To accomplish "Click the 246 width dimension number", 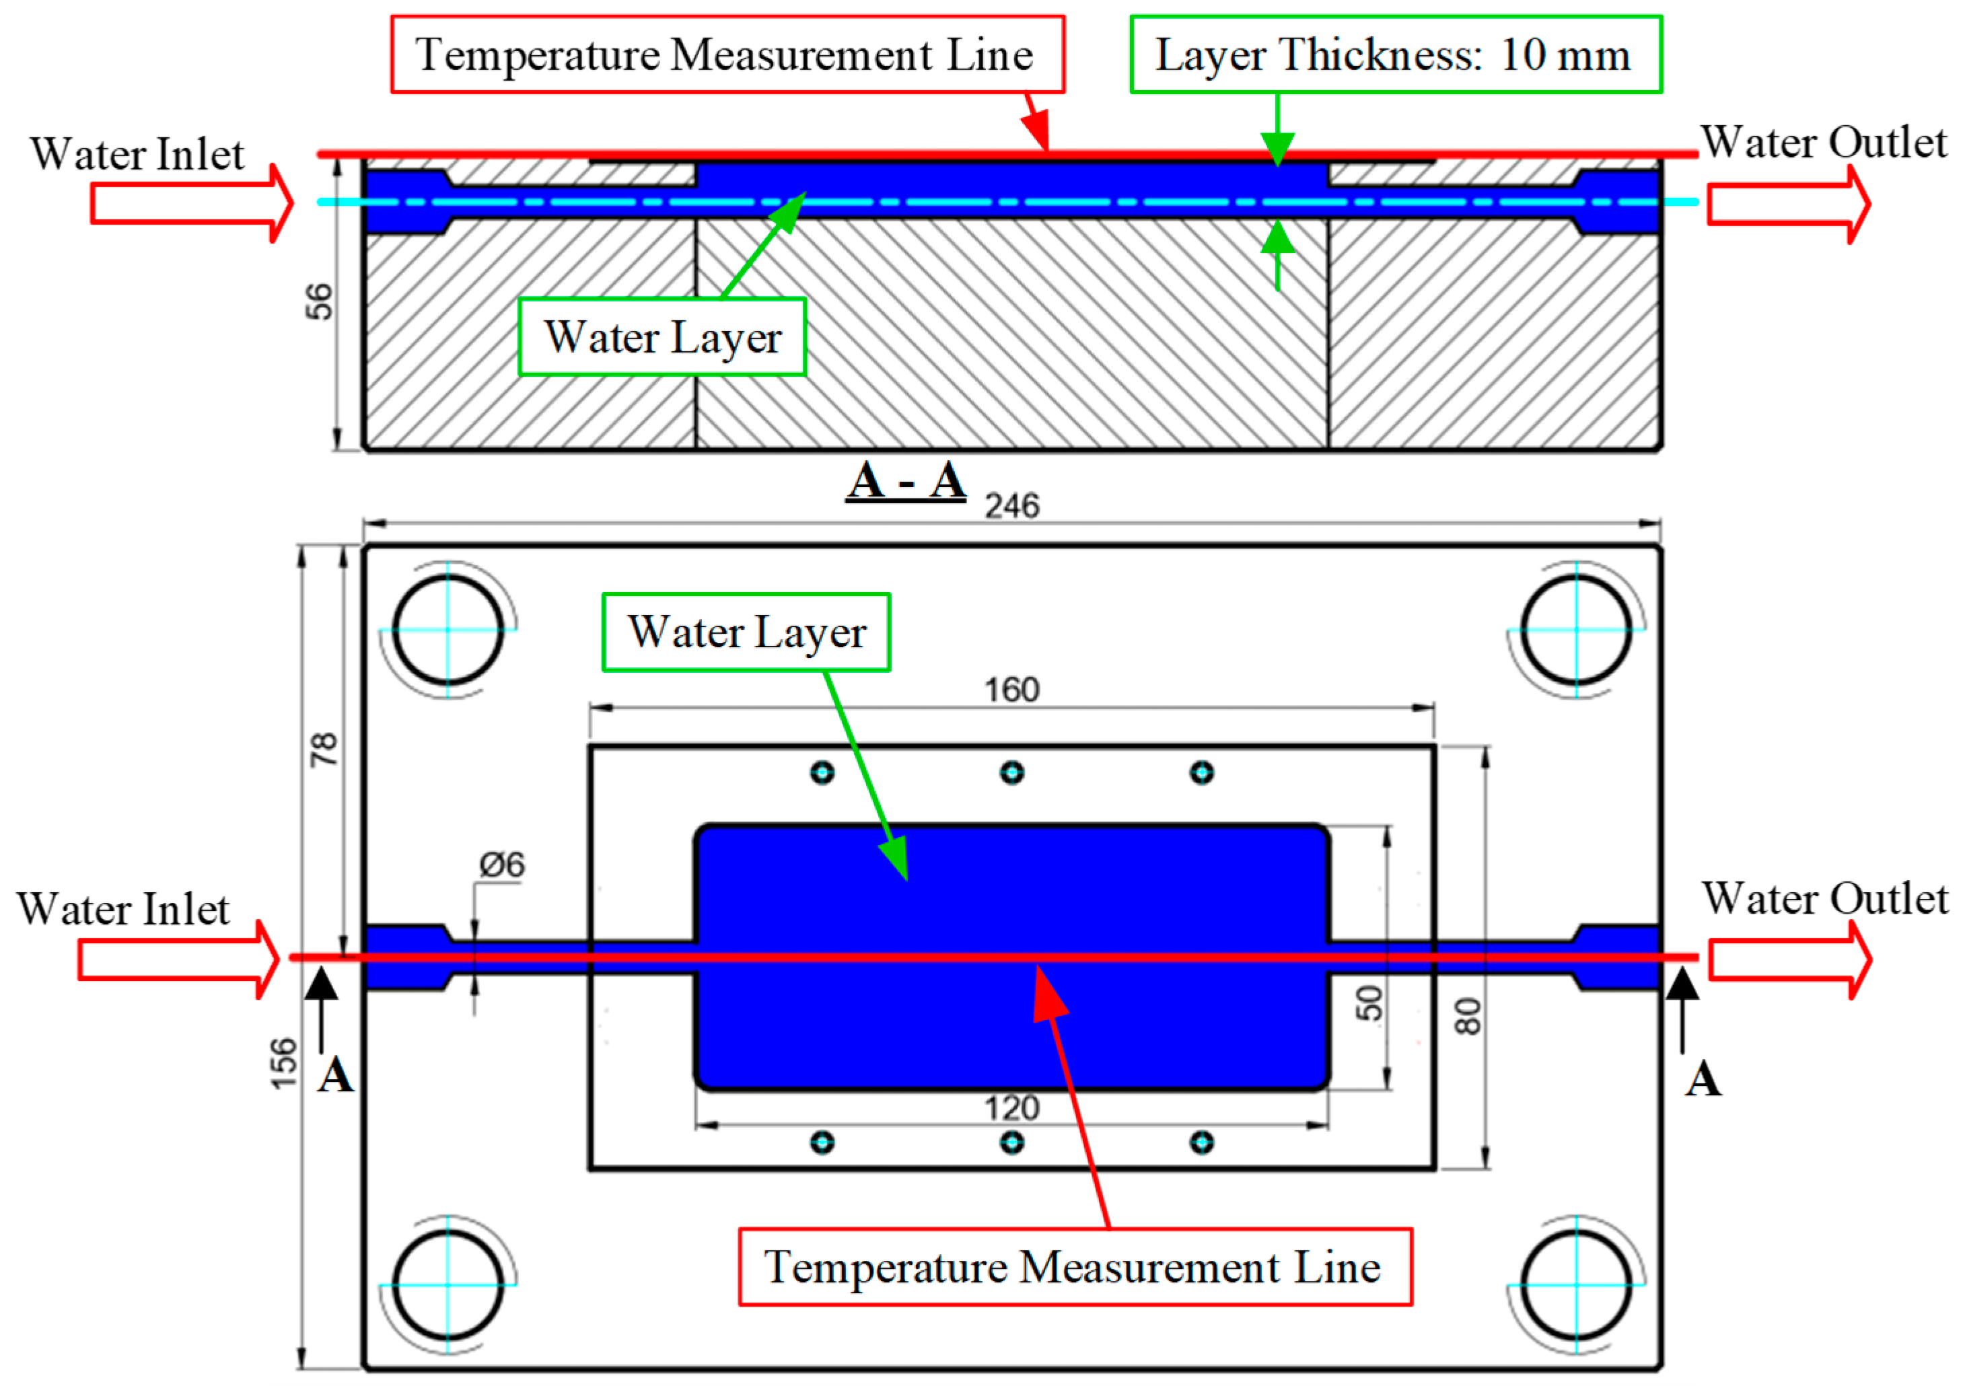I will pyautogui.click(x=1011, y=507).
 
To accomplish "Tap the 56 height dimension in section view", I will pyautogui.click(x=319, y=301).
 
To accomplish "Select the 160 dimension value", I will pyautogui.click(x=1011, y=690).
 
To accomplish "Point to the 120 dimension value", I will pyautogui.click(x=1011, y=1109).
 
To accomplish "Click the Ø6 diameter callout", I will pyautogui.click(x=503, y=865).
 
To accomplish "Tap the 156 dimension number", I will pyautogui.click(x=284, y=1064).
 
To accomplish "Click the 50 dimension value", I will pyautogui.click(x=1370, y=1002).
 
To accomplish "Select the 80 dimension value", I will pyautogui.click(x=1468, y=1017).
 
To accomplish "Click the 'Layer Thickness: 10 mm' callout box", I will pyautogui.click(x=1396, y=54).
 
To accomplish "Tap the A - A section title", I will pyautogui.click(x=906, y=481).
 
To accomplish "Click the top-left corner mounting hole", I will pyautogui.click(x=448, y=630).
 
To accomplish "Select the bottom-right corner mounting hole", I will pyautogui.click(x=1577, y=1284).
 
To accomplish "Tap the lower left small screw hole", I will pyautogui.click(x=822, y=1142).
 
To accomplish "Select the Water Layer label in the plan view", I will pyautogui.click(x=746, y=632).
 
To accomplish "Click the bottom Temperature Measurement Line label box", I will pyautogui.click(x=1075, y=1267).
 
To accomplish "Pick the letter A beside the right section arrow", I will pyautogui.click(x=1703, y=1080).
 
